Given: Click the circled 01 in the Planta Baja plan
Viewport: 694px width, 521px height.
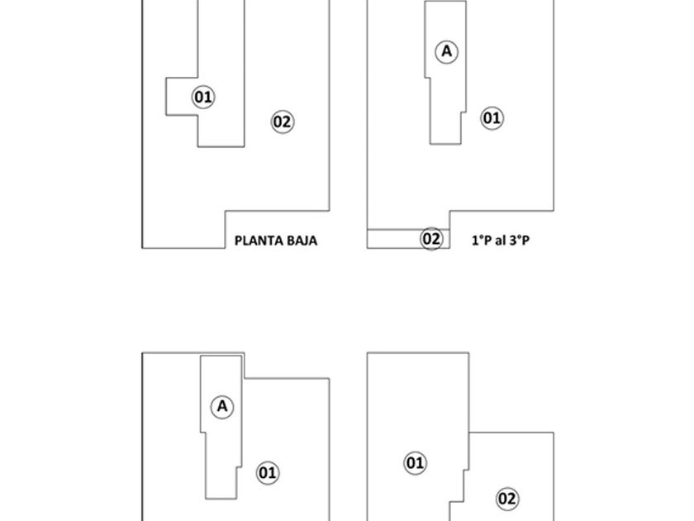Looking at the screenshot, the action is (203, 97).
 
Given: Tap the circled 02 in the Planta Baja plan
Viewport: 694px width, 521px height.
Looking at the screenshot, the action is (283, 122).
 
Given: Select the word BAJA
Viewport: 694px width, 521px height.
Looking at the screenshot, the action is (299, 241).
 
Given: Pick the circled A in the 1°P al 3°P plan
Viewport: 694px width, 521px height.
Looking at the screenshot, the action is (447, 51).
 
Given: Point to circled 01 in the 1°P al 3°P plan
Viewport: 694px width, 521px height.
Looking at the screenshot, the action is (492, 118).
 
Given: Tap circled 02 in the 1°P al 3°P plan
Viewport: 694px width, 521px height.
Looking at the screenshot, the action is (432, 239).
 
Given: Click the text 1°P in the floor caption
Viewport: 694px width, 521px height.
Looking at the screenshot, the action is (481, 241).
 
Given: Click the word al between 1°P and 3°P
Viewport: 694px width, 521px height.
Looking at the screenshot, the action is (500, 241).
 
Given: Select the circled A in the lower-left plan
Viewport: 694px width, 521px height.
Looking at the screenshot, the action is (221, 406).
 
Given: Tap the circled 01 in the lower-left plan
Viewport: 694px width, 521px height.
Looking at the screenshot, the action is (268, 473).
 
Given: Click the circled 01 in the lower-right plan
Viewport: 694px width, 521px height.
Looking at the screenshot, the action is (415, 463).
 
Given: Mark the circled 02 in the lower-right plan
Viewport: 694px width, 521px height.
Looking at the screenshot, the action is (507, 499).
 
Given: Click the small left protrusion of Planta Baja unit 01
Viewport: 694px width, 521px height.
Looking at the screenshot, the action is (181, 97).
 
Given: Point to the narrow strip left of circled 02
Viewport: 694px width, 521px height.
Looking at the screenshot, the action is (393, 239).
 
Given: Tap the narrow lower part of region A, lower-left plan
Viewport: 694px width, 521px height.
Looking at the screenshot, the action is (220, 471).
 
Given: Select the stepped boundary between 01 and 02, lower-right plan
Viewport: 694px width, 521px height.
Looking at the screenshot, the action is (459, 488).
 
